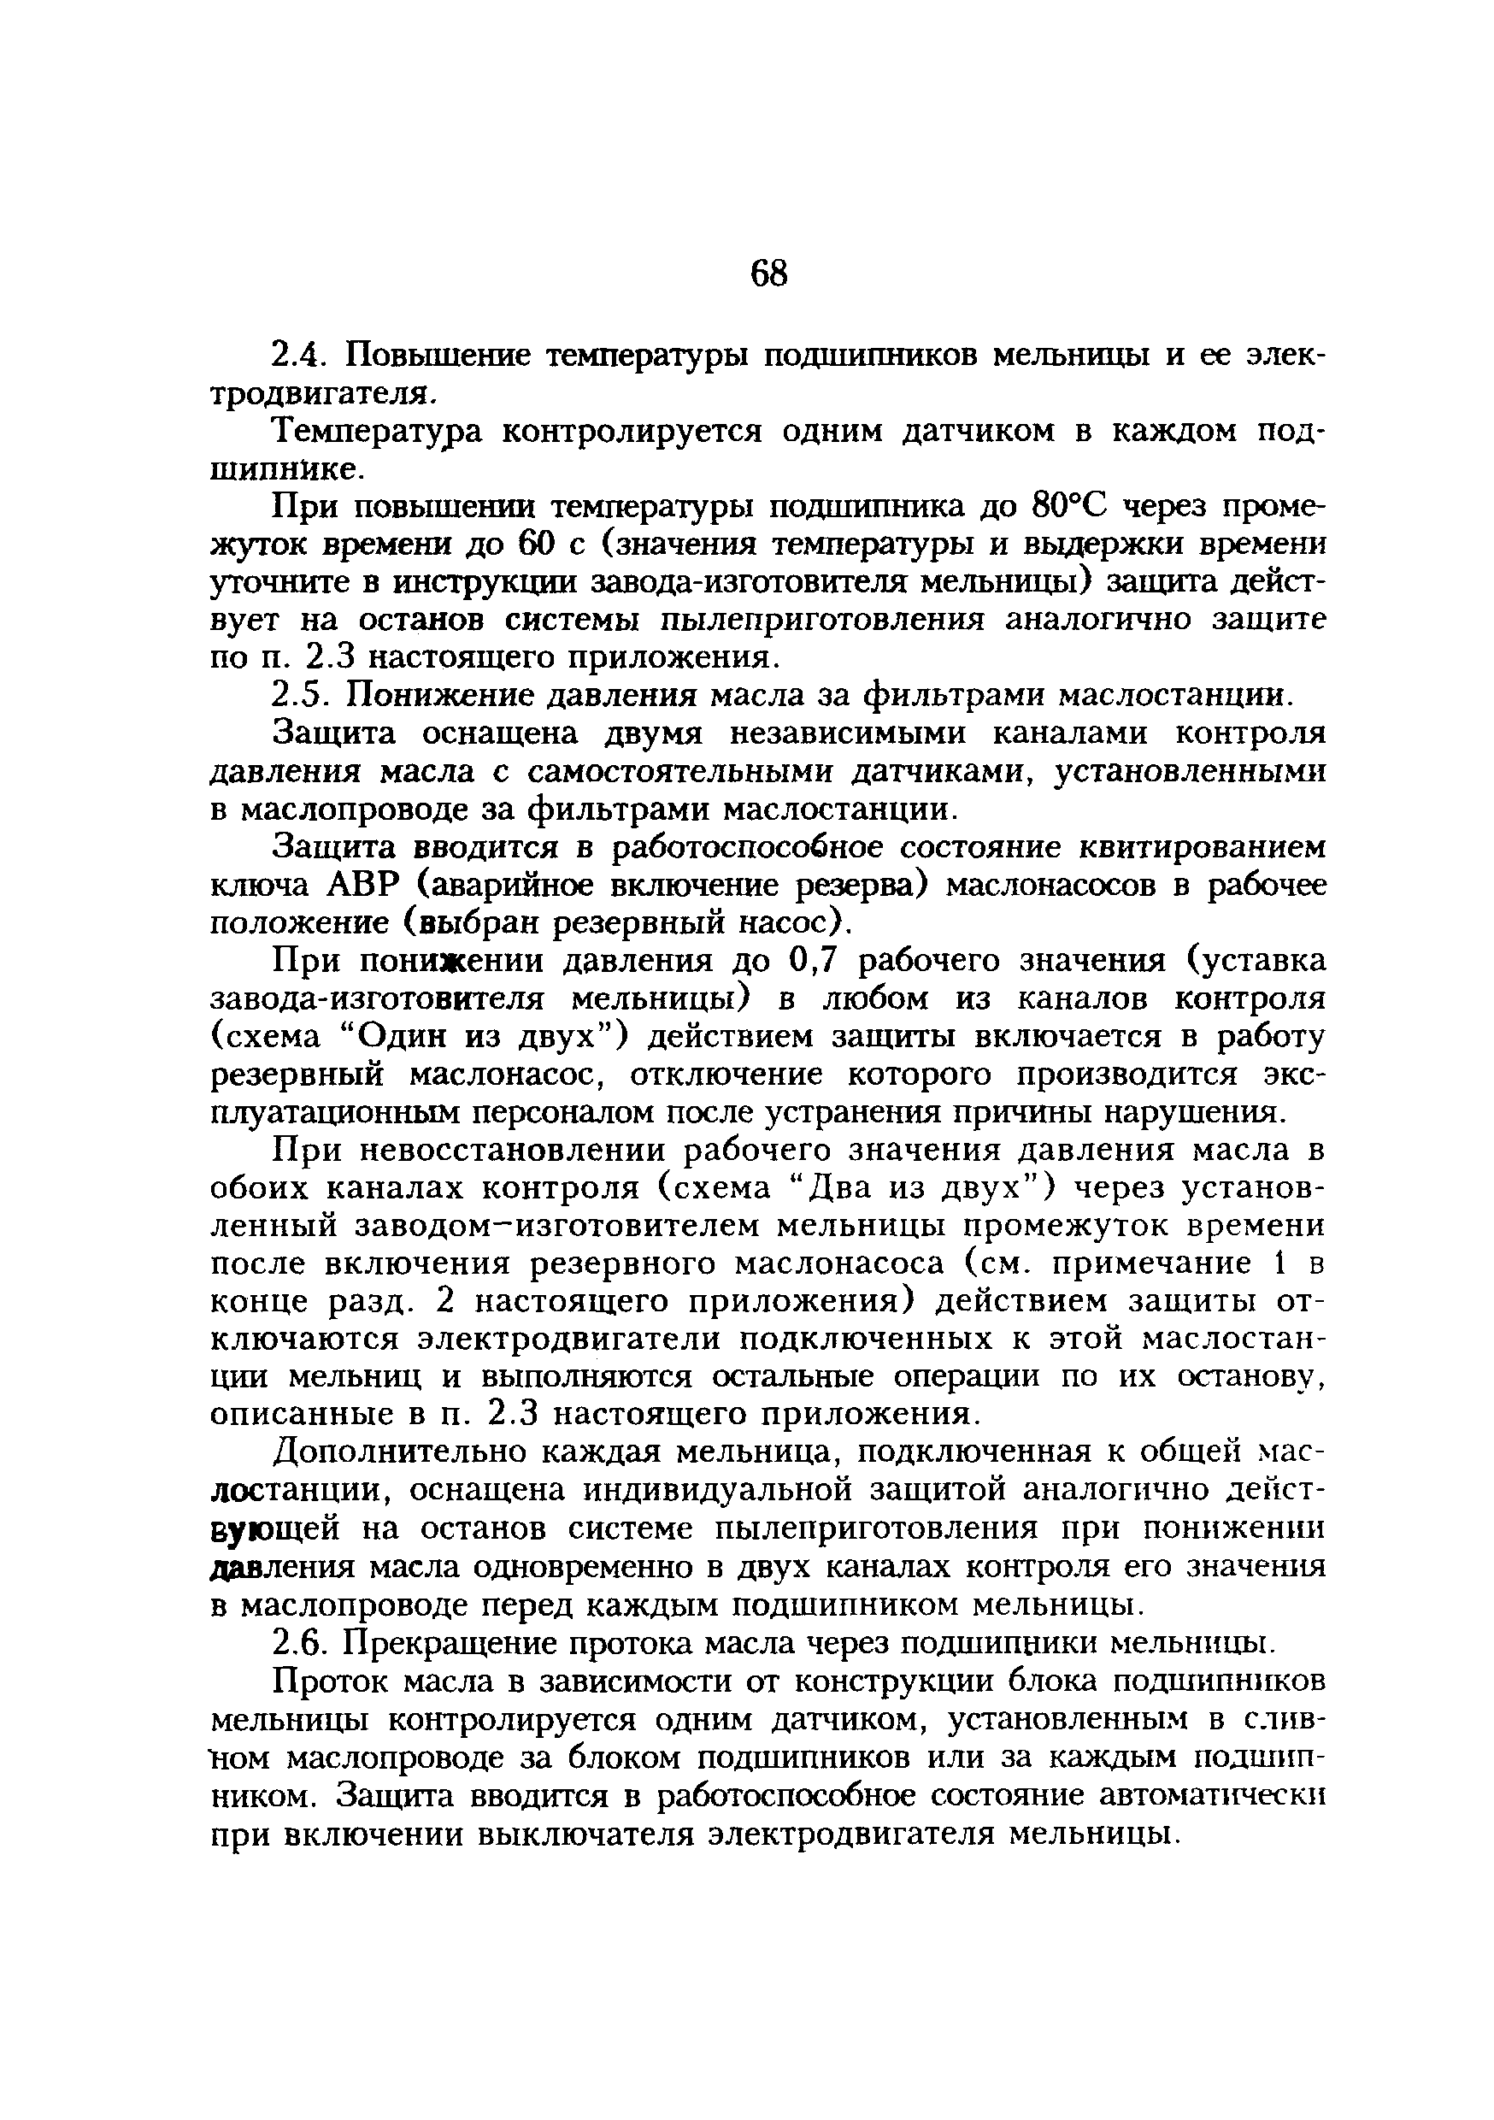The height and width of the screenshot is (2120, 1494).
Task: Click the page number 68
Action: coord(768,274)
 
